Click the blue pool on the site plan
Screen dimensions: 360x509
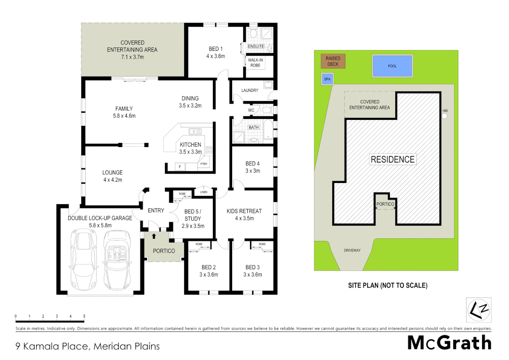point(392,66)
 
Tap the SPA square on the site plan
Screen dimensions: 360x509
point(327,79)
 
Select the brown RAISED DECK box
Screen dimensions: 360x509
point(333,61)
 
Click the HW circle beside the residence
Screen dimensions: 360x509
point(444,116)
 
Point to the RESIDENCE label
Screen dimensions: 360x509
point(392,159)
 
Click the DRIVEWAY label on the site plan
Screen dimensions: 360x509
point(352,250)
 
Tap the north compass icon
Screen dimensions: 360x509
point(479,310)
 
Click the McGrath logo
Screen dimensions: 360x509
point(449,343)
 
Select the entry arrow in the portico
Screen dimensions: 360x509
point(154,236)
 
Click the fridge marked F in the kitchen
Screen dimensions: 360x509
point(180,167)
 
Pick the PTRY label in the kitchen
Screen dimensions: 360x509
point(204,164)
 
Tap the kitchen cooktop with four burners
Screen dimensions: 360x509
point(209,150)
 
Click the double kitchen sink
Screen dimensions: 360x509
point(195,132)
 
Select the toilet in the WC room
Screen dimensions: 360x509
point(267,110)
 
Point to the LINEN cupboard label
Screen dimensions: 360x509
point(204,192)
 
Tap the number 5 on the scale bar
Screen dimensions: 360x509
point(84,316)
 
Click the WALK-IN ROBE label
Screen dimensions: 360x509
point(255,63)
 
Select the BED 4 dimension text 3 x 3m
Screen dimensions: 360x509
point(253,171)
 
